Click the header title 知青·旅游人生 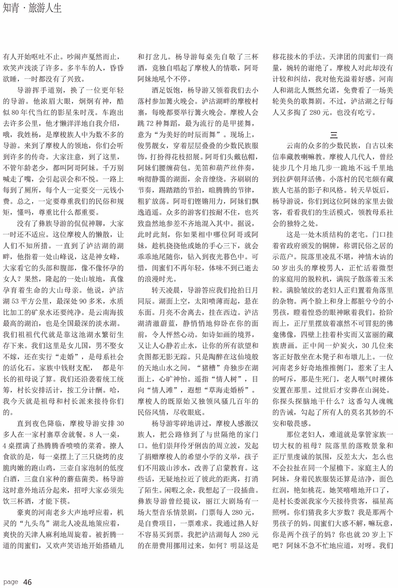[x=32, y=8]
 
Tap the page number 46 [x=27, y=582]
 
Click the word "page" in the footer [x=11, y=581]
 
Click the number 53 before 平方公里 [x=15, y=301]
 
